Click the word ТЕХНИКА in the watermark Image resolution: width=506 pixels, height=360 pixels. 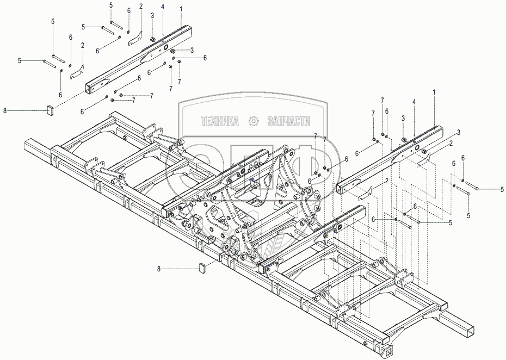tap(219, 121)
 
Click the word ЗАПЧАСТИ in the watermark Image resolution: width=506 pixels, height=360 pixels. tap(289, 121)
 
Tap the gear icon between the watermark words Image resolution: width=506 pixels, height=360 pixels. tap(254, 121)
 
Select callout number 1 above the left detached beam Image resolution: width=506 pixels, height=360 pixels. tap(181, 9)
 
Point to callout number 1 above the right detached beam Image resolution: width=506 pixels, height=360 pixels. tap(434, 93)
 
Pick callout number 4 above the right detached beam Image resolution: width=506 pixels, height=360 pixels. tap(414, 102)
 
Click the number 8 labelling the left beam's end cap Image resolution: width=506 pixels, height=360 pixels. tap(5, 110)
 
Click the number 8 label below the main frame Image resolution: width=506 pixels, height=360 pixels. tap(159, 268)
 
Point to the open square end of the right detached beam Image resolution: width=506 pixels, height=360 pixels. tap(342, 188)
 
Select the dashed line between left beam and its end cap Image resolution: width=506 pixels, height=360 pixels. tap(68, 100)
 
